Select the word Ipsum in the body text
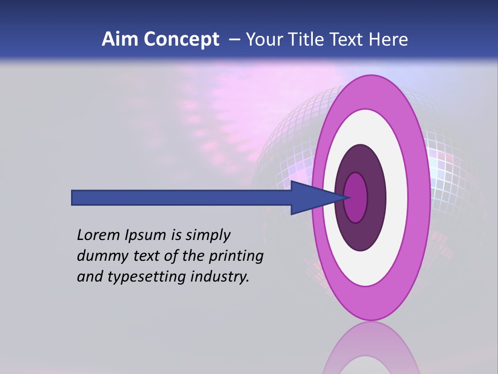coord(145,236)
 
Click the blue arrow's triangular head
coord(311,197)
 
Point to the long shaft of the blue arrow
coord(182,197)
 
